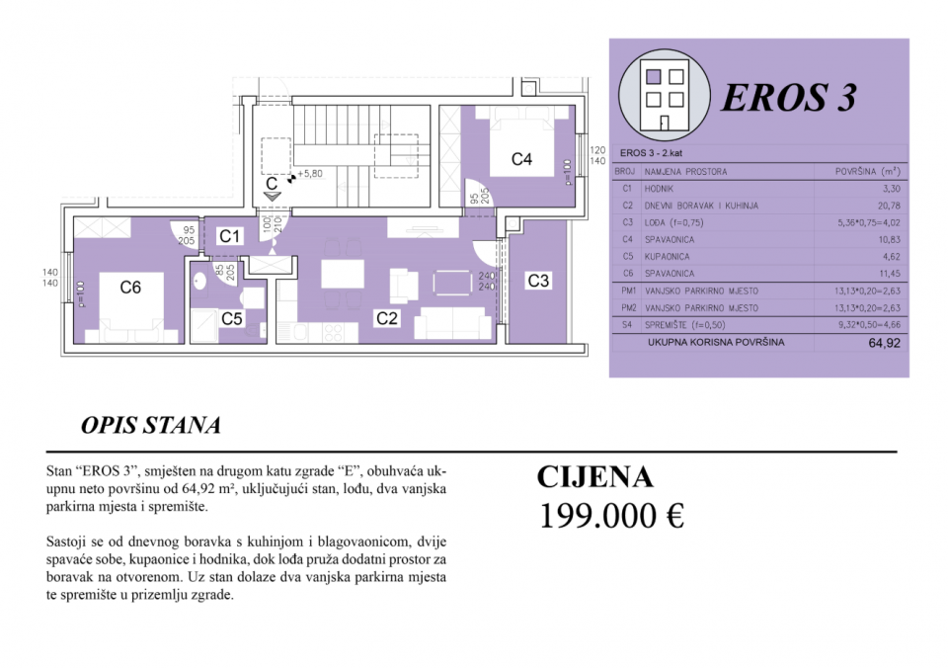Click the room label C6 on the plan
pos(130,288)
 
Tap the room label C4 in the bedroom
pos(521,158)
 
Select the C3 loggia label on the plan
pos(537,281)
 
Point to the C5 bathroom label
pos(232,318)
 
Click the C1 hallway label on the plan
pos(230,236)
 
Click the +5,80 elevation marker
pos(310,174)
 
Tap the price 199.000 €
pos(611,515)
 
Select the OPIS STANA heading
pos(150,426)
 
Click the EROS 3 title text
pos(788,98)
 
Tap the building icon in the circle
pos(662,92)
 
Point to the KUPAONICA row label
pos(667,256)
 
